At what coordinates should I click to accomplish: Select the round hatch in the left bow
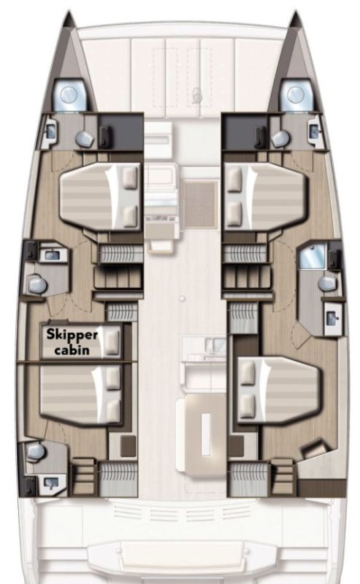70,94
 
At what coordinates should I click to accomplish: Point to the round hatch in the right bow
295,94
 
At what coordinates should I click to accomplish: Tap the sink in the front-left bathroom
50,131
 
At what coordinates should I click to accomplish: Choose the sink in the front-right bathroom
313,131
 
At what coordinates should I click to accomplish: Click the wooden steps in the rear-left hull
85,474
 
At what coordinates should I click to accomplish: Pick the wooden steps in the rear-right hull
282,474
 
